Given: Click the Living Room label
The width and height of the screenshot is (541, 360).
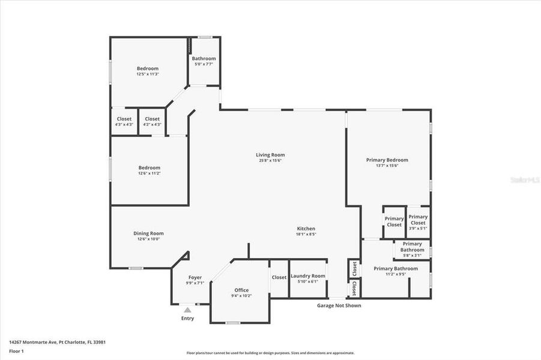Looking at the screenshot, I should click(x=270, y=155).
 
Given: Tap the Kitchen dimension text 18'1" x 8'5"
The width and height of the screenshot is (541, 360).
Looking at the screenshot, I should click(x=306, y=235).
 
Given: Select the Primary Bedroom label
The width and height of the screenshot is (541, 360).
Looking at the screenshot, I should click(x=387, y=160).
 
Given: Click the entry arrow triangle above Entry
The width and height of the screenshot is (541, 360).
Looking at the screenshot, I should click(x=187, y=310).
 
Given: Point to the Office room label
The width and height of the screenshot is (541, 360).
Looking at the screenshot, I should click(x=241, y=290).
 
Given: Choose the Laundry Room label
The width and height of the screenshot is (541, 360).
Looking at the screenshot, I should click(x=308, y=276).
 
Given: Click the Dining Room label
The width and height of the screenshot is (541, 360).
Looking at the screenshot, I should click(x=148, y=233).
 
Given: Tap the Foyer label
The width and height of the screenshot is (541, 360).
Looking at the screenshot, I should click(x=195, y=277).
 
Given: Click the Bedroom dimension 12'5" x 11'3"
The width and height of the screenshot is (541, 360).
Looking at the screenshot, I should click(x=148, y=74).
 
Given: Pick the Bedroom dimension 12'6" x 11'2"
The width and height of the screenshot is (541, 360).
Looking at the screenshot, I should click(x=149, y=173).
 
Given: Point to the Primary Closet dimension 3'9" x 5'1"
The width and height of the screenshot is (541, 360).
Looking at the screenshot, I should click(x=418, y=228).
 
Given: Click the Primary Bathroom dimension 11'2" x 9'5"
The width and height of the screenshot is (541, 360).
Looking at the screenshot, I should click(x=395, y=274).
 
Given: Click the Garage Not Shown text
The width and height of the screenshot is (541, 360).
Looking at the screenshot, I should click(x=339, y=305).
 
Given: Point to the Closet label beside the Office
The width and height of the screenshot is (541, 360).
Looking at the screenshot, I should click(x=279, y=277).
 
